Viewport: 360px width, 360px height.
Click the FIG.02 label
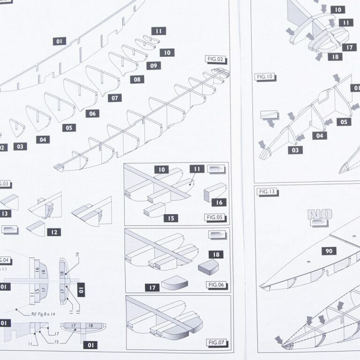pyautogui.click(x=215, y=60)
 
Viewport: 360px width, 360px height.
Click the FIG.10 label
pyautogui.click(x=265, y=76)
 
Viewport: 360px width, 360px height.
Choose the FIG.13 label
pyautogui.click(x=267, y=192)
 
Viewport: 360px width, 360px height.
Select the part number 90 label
pyautogui.click(x=329, y=251)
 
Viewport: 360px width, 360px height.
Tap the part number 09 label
pyautogui.click(x=153, y=66)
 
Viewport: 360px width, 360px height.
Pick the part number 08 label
pyautogui.click(x=137, y=79)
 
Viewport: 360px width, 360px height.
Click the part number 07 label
pyautogui.click(x=114, y=98)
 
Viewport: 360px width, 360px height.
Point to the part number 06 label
pyautogui.click(x=92, y=113)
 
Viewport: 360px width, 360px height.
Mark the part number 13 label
pyautogui.click(x=5, y=213)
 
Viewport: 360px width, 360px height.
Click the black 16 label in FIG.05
pyautogui.click(x=219, y=202)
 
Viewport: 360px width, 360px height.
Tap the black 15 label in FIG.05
pyautogui.click(x=171, y=218)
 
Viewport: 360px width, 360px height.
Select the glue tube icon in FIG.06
pyautogui.click(x=216, y=234)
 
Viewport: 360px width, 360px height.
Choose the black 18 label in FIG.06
pyautogui.click(x=216, y=255)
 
